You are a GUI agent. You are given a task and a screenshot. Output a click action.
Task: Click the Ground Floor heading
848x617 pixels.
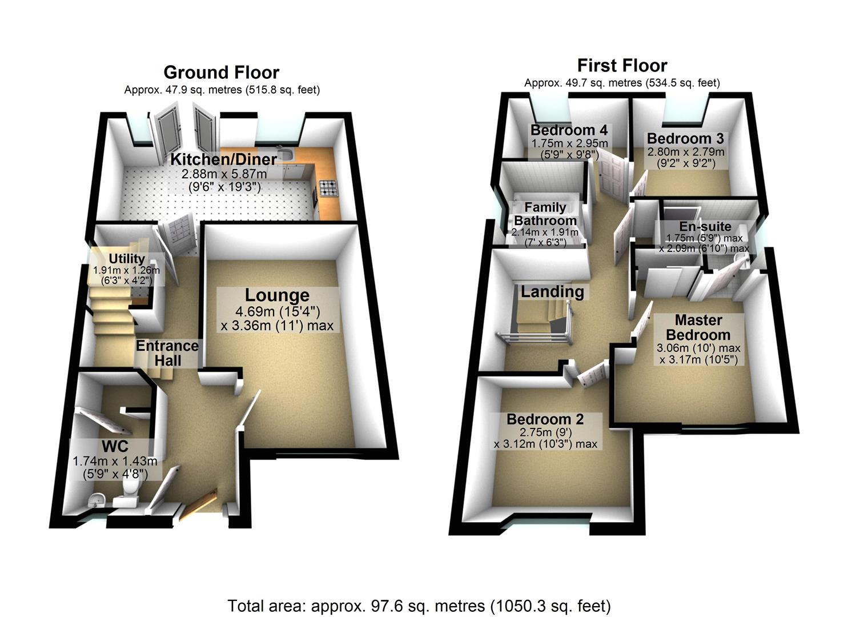[x=221, y=73]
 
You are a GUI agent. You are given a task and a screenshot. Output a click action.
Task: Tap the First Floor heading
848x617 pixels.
[x=622, y=65]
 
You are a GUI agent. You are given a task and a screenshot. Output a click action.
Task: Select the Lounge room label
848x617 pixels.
[x=277, y=295]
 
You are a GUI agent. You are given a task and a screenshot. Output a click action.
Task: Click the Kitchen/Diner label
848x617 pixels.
[x=224, y=159]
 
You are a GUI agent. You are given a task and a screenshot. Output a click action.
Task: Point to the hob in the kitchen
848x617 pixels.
[x=329, y=188]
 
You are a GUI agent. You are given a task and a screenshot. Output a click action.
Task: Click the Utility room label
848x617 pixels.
[x=127, y=259]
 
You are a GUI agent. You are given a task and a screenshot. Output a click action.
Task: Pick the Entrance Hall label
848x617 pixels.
[x=167, y=353]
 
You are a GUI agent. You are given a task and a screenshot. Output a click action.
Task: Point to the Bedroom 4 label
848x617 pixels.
[x=569, y=130]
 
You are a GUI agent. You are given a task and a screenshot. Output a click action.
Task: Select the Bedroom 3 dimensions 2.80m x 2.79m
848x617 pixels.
[x=685, y=152]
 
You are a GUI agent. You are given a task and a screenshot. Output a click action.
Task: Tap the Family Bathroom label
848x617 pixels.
[x=545, y=214]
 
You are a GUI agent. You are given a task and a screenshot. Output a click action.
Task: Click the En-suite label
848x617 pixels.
[x=705, y=226]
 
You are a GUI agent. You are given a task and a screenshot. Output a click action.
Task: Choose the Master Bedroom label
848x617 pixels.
[x=698, y=327]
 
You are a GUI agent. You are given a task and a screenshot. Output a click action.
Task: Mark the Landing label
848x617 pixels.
[x=552, y=292]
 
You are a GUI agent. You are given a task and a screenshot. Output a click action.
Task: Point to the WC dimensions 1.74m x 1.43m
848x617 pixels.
[x=115, y=460]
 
